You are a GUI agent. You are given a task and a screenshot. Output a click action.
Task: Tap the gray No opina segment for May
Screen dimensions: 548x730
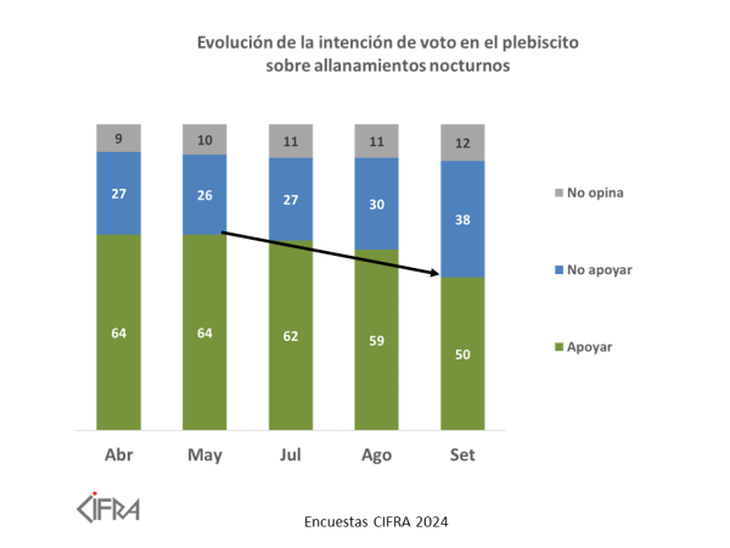tap(204, 139)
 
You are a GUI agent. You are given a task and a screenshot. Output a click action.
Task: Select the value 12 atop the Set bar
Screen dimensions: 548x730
tap(462, 142)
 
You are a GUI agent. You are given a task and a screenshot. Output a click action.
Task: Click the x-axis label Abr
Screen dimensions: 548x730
tap(119, 455)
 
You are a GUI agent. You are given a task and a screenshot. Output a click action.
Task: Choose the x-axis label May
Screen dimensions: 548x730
tap(204, 455)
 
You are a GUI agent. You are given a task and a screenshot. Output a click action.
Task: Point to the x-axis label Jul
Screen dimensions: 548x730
tap(290, 455)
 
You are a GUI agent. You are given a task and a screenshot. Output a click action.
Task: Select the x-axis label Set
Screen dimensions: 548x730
tap(462, 455)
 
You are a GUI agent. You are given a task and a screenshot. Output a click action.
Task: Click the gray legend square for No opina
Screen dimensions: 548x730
tap(556, 192)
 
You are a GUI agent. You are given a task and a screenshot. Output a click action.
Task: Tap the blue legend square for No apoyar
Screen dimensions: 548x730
tap(556, 269)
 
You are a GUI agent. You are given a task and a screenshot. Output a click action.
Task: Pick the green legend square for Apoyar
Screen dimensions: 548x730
tap(556, 347)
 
